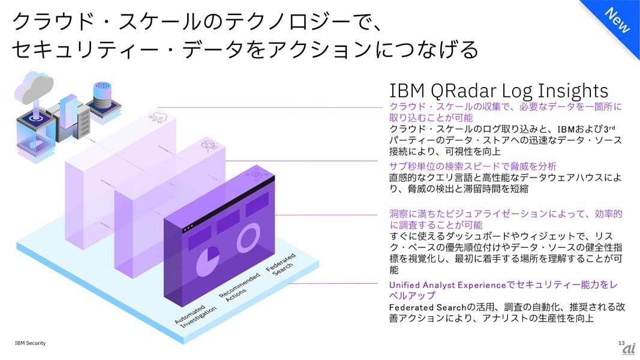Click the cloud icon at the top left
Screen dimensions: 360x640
pos(36,86)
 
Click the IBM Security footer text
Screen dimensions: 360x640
pos(30,343)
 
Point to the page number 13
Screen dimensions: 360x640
pos(621,343)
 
